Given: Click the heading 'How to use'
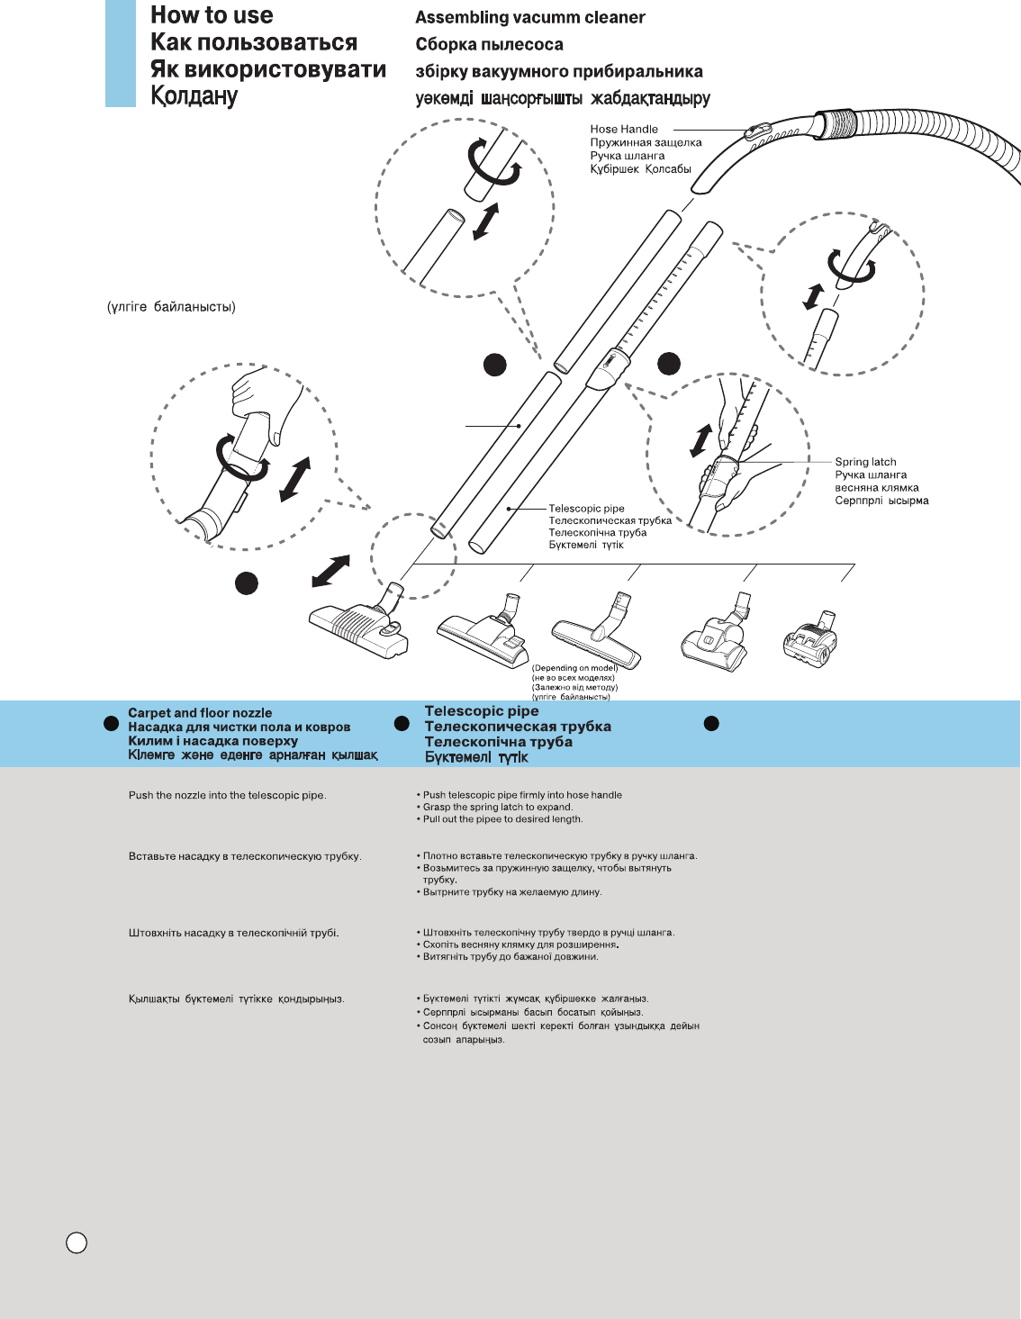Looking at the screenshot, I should tap(212, 15).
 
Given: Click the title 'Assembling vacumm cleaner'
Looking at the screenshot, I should tap(529, 17).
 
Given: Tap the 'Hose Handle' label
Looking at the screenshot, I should tap(624, 130).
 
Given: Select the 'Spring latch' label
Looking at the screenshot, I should tap(865, 462).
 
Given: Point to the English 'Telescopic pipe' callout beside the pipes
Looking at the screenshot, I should tap(586, 509).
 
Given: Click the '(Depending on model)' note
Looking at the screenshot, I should tap(574, 668).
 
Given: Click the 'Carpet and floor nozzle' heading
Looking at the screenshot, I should tap(200, 712).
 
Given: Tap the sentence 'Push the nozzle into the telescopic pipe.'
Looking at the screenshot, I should tap(227, 796).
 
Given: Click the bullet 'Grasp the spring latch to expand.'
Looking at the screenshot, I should tap(498, 808).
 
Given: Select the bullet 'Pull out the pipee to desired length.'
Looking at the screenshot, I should tap(502, 819).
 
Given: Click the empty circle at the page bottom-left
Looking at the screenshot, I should tap(77, 1242).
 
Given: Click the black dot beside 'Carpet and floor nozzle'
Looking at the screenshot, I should tap(112, 723).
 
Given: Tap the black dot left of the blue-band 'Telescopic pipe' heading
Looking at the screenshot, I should tap(402, 723).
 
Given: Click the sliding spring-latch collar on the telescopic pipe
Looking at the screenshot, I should tap(608, 369).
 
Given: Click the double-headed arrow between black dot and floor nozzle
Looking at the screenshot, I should tap(330, 572).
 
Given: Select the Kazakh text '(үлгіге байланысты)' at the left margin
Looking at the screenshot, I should tap(171, 307).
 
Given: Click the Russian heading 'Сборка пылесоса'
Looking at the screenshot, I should tap(489, 44).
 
